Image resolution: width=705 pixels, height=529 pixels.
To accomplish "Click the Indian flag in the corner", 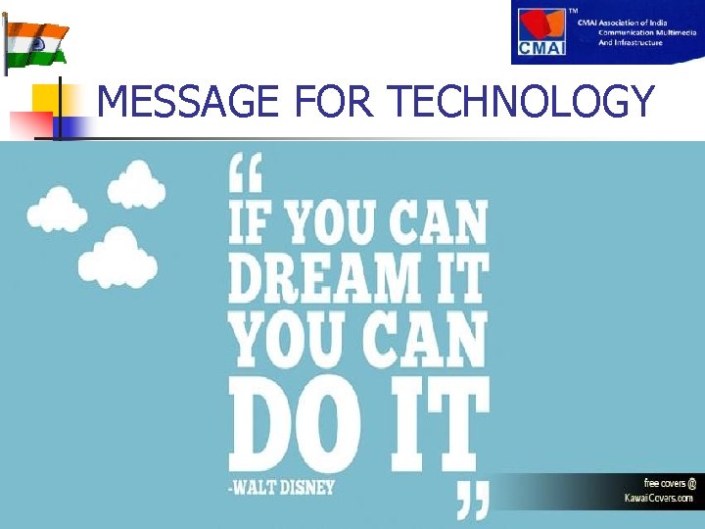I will [x=37, y=42].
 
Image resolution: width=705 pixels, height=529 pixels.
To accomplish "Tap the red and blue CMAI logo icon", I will [x=542, y=33].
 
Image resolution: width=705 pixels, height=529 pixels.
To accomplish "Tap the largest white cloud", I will [x=118, y=257].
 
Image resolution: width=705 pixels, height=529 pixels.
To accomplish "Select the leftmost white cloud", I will [x=57, y=209].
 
